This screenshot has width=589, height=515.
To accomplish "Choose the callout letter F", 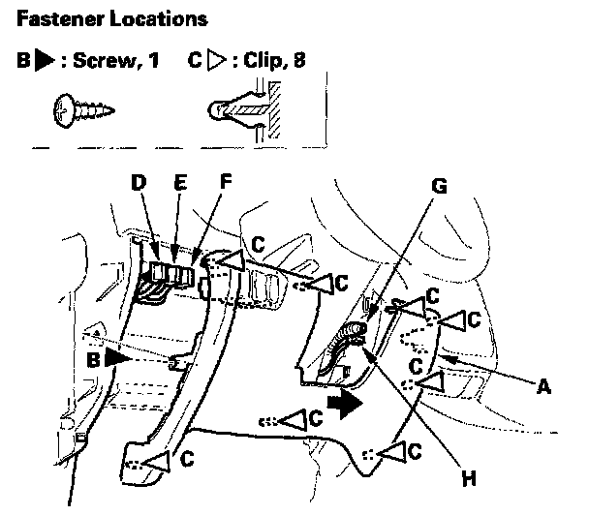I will (x=226, y=182).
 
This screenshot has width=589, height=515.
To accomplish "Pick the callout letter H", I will (x=470, y=475).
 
